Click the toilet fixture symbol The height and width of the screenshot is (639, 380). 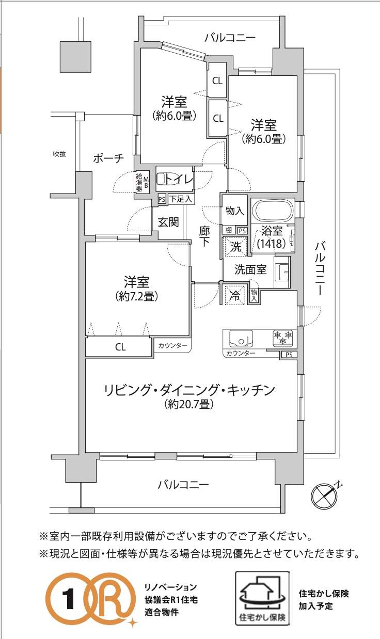coord(163,180)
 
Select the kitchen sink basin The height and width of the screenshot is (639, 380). coord(241,338)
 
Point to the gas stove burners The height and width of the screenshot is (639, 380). coord(283,338)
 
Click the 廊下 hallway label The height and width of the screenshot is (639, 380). coord(204,236)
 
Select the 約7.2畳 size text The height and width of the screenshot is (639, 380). coord(137,297)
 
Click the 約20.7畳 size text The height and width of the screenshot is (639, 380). coord(189,404)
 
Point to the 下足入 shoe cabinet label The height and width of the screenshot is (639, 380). coord(181,199)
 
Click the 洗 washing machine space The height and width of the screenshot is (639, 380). coord(235,246)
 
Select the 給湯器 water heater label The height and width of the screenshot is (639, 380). coord(139,182)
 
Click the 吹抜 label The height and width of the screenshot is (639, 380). coord(59,154)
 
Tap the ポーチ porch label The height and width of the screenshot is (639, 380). coord(109,158)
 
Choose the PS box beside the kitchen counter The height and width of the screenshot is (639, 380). coord(289,355)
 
